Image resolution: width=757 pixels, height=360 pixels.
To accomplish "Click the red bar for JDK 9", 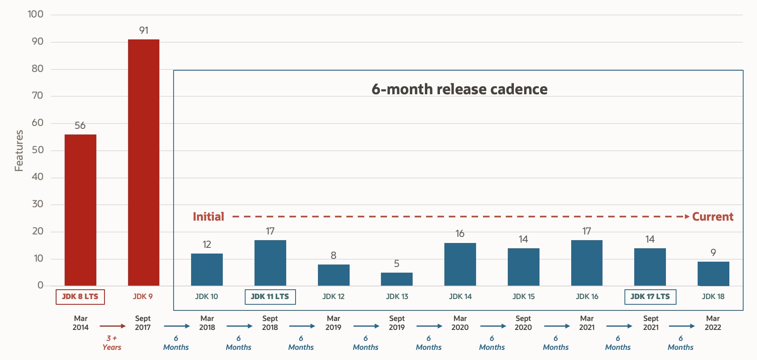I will tap(144, 163).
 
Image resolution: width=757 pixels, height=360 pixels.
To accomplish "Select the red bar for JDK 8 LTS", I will tap(80, 210).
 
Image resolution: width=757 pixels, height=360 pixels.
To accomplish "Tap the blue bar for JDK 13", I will tap(396, 279).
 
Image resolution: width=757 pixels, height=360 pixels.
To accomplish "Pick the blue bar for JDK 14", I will tap(460, 264).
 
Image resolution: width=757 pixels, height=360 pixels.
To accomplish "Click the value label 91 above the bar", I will tap(144, 30).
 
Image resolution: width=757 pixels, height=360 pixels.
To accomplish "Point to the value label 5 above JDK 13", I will tap(396, 264).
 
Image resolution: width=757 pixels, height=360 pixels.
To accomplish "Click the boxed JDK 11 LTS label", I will tap(270, 297).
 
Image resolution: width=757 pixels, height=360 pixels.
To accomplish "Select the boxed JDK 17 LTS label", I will tap(650, 297).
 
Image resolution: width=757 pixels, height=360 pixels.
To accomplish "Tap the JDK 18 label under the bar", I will tap(713, 297).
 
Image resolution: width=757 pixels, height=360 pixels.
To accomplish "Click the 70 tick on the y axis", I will tap(37, 95).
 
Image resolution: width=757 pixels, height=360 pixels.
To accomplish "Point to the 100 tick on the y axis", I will tap(35, 14).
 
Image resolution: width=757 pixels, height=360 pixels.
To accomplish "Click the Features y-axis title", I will tap(19, 150).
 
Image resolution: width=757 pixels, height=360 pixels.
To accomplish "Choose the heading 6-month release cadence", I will tap(459, 89).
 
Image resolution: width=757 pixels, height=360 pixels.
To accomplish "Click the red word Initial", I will tap(208, 217).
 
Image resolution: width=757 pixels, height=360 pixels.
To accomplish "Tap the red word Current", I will tap(713, 217).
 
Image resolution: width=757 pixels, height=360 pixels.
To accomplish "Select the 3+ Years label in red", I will tap(112, 343).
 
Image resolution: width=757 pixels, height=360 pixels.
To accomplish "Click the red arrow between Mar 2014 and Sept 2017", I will tap(113, 326).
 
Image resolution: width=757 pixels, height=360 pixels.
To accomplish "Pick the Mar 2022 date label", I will tap(713, 323).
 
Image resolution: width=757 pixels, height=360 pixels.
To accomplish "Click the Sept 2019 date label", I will tap(396, 323).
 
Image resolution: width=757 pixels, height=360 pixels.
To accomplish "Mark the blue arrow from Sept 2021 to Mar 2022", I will tap(681, 326).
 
